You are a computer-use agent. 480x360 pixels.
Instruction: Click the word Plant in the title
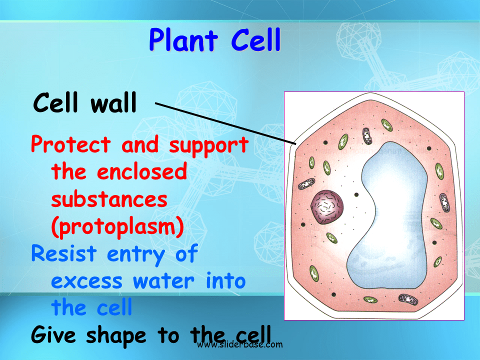[183, 41]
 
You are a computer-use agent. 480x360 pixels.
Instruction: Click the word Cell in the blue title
[255, 41]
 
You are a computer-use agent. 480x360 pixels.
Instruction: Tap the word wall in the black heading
[113, 103]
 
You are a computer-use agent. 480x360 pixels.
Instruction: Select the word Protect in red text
[70, 145]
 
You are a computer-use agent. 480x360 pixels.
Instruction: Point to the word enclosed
[142, 172]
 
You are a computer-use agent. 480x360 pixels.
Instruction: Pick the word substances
[109, 199]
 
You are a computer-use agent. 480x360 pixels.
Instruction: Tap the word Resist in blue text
[63, 254]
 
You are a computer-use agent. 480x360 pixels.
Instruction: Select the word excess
[86, 281]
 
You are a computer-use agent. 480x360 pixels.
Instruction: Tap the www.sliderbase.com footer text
[240, 344]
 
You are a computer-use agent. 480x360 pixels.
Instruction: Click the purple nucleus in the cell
[327, 206]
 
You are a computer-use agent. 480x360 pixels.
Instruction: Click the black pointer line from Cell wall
[225, 123]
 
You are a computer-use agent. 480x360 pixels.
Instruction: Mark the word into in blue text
[226, 281]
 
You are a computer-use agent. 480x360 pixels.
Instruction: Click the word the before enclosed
[69, 172]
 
